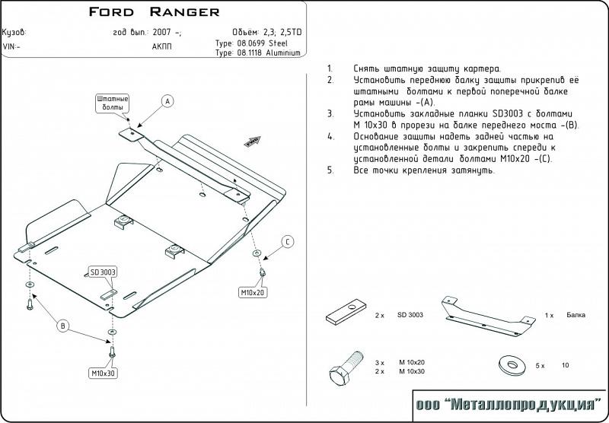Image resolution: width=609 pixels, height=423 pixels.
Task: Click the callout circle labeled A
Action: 168,101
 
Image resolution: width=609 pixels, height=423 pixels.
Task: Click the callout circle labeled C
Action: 288,242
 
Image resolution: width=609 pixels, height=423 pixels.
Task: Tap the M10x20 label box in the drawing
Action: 252,292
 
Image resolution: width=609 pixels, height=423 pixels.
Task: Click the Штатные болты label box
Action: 112,103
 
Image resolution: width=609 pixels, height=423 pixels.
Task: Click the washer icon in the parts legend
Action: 510,365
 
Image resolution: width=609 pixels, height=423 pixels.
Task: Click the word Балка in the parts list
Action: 576,314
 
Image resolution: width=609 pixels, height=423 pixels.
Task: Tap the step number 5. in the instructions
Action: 330,170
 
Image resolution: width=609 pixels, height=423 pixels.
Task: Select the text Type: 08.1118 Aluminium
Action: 257,54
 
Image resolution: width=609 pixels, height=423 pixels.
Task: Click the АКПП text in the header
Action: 162,45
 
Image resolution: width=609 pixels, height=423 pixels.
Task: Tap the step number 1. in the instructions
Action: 330,68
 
